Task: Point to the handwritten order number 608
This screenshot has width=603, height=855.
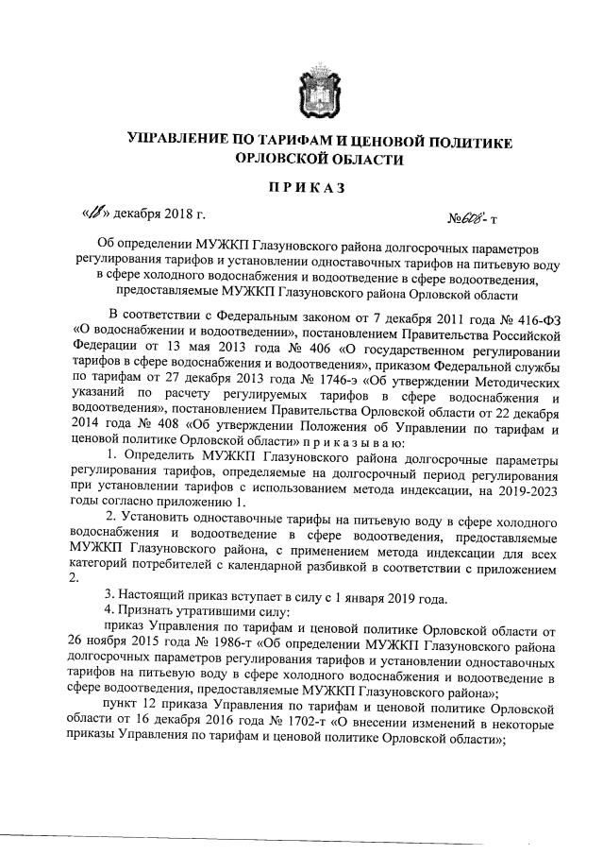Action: click(497, 216)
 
